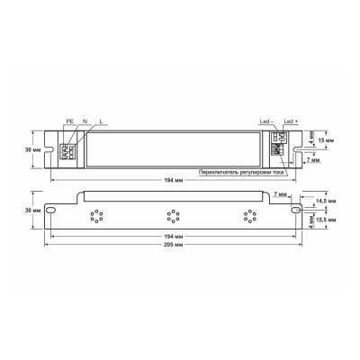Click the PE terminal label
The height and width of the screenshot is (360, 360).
coord(69,120)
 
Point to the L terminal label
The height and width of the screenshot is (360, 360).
coord(101,120)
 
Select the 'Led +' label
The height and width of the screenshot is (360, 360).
coord(290,121)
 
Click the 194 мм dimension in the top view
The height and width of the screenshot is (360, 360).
coord(176,181)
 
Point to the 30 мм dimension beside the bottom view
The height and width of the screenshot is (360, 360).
coord(33,209)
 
